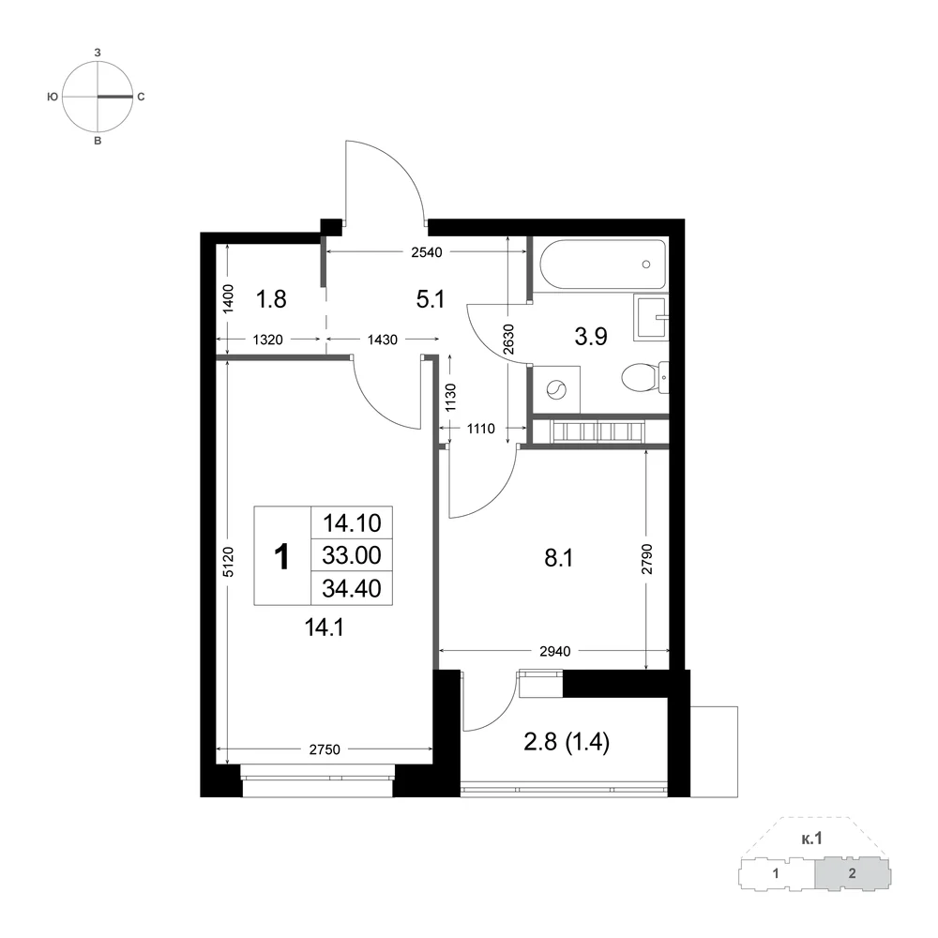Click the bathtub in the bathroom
point(602,265)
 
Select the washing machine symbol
point(556,389)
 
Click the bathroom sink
point(650,317)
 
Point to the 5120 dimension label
point(228,561)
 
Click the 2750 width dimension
point(325,749)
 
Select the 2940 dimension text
point(555,651)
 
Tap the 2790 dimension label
point(646,559)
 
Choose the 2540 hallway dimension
point(427,252)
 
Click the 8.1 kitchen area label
point(559,558)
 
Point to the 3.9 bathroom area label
point(591,337)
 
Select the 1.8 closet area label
point(271,299)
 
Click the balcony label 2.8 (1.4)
point(567,742)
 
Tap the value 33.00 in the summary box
point(352,555)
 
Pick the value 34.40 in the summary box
point(352,589)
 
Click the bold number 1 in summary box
point(281,557)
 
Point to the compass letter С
point(142,97)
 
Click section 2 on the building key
point(853,873)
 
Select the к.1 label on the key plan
point(811,839)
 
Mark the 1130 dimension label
point(450,396)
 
